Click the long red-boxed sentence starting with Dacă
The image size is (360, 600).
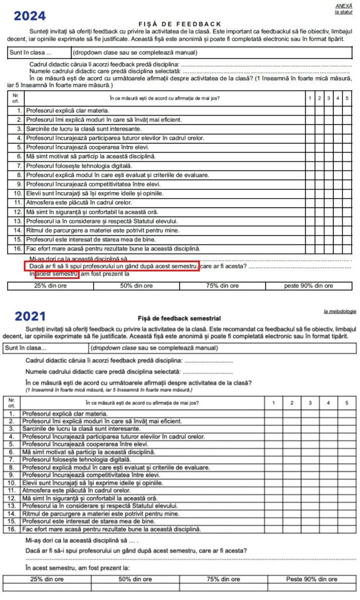pyautogui.click(x=113, y=266)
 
